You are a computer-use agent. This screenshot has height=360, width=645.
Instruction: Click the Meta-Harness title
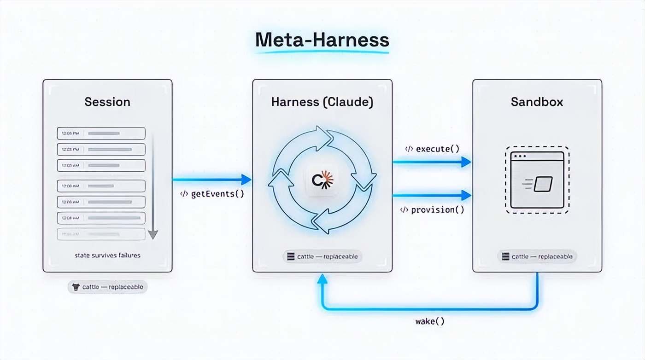322,40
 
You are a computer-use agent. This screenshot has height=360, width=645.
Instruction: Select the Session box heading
107,102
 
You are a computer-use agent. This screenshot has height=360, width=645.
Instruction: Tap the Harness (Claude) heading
322,102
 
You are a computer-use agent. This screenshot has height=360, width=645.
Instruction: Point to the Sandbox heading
537,102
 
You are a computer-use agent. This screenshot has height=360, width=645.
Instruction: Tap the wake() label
430,321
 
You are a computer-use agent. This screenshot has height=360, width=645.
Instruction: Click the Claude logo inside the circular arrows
322,180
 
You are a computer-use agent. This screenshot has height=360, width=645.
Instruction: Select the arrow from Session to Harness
212,180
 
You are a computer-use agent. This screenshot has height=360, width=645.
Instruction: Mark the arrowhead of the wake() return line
322,279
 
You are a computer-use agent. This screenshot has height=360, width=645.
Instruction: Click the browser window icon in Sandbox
537,180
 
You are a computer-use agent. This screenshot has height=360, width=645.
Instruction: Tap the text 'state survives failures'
107,255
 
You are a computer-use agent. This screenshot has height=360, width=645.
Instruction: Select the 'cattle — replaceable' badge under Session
107,287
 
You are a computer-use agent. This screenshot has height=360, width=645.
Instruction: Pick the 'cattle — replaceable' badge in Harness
322,256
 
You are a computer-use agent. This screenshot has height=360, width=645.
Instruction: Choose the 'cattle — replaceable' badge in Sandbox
537,256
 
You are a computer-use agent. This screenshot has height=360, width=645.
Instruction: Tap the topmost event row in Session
101,134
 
